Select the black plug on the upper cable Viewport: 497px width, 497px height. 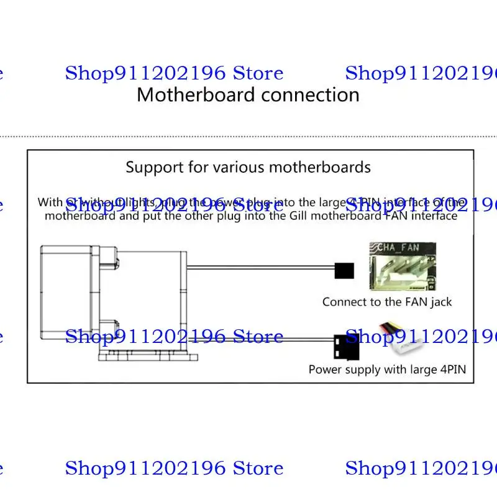(344, 270)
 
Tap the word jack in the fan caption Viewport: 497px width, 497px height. (441, 303)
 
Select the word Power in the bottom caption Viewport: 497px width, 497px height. (324, 370)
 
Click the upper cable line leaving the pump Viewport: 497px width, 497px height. (261, 268)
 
